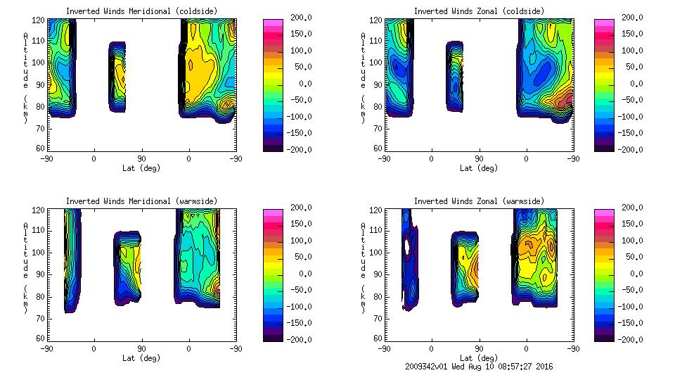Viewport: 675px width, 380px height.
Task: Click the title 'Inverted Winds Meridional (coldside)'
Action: tap(141, 11)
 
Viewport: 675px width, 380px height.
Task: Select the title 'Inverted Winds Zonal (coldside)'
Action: tap(479, 11)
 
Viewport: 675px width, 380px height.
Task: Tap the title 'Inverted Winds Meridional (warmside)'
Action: tap(141, 201)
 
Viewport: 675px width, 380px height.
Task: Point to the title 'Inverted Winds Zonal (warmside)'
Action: tap(479, 201)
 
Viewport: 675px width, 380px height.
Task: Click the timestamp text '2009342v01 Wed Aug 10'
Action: tap(454, 367)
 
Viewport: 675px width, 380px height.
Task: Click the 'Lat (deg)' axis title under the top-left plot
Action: tap(141, 168)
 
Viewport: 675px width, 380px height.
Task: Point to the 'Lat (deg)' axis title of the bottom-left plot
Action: tap(141, 358)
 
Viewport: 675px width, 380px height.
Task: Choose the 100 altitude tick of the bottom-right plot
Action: tap(378, 252)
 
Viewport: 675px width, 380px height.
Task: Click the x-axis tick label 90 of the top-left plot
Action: tap(141, 159)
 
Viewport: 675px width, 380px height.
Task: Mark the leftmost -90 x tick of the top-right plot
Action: tap(384, 159)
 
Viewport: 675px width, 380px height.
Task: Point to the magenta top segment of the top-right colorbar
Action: tap(604, 23)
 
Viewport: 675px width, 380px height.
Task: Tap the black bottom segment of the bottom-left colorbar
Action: tap(272, 336)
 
